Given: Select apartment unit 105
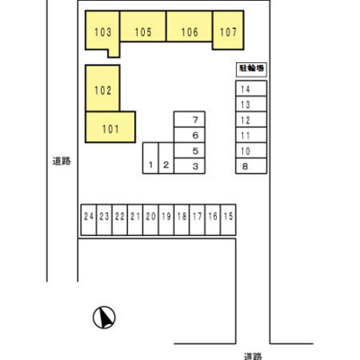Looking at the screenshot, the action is [x=143, y=26].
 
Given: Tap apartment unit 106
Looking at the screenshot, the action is [x=190, y=26].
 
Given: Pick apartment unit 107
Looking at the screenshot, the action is [x=228, y=30].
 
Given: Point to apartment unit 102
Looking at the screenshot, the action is [x=103, y=88].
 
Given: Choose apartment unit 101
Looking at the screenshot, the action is [x=111, y=127].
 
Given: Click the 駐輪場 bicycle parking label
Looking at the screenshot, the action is [x=251, y=68].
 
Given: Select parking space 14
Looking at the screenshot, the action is [x=251, y=88].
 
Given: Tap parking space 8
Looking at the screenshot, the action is [x=251, y=166].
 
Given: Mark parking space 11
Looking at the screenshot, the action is [x=251, y=135].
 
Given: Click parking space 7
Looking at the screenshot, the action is [x=190, y=119].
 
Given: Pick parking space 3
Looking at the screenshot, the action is [x=190, y=166].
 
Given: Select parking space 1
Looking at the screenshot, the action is [x=150, y=158].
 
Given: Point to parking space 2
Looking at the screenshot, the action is [x=166, y=158].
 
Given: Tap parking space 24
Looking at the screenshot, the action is [x=89, y=220].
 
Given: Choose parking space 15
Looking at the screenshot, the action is [x=229, y=220].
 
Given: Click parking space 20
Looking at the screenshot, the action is [x=150, y=220].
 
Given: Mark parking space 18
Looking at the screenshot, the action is [x=182, y=220].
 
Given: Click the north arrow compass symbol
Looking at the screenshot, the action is [x=104, y=318].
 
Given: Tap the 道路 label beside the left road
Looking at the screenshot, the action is [x=62, y=161].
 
